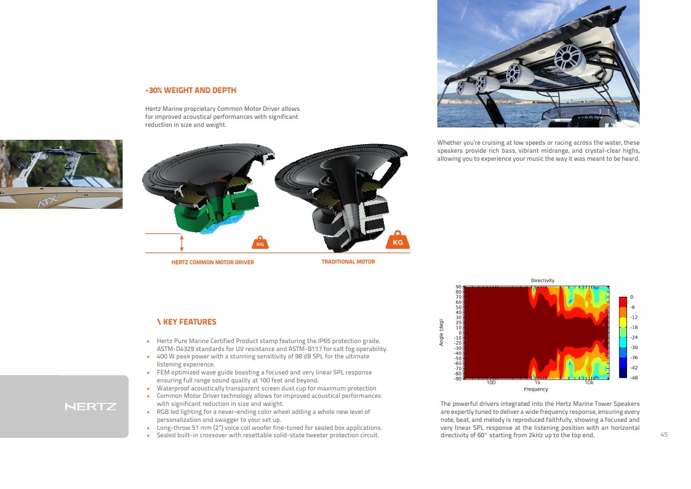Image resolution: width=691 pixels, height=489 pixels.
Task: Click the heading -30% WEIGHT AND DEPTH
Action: (x=191, y=91)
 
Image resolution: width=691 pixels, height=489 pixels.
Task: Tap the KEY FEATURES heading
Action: (x=187, y=322)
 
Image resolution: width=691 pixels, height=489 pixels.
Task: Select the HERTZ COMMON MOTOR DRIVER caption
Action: (x=213, y=262)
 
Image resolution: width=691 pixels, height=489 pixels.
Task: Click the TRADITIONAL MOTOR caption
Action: (x=348, y=262)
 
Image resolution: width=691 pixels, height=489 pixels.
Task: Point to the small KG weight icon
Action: (x=260, y=243)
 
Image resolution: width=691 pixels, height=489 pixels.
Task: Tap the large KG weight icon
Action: (x=397, y=240)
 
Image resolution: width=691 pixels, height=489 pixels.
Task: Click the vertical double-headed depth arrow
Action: (x=182, y=243)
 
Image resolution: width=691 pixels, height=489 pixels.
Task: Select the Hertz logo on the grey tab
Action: (x=91, y=406)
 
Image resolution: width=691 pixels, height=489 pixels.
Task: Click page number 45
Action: (x=664, y=435)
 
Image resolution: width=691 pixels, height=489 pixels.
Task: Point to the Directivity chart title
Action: (x=543, y=280)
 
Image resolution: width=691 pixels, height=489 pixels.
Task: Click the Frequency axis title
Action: (x=536, y=389)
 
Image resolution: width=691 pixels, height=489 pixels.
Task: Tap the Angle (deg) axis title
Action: (x=441, y=333)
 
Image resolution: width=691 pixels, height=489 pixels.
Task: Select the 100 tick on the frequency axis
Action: (x=491, y=382)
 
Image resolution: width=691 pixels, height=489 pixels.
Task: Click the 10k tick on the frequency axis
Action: (x=589, y=382)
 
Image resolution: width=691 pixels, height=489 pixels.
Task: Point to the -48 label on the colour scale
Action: (x=634, y=378)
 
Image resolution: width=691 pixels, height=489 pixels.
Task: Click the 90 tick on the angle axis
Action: (x=458, y=287)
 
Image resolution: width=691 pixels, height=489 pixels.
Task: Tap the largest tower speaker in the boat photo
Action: (x=569, y=59)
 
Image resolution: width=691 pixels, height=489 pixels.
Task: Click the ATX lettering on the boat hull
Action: (x=47, y=202)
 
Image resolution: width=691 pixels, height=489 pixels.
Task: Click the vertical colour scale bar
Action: (x=623, y=337)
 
